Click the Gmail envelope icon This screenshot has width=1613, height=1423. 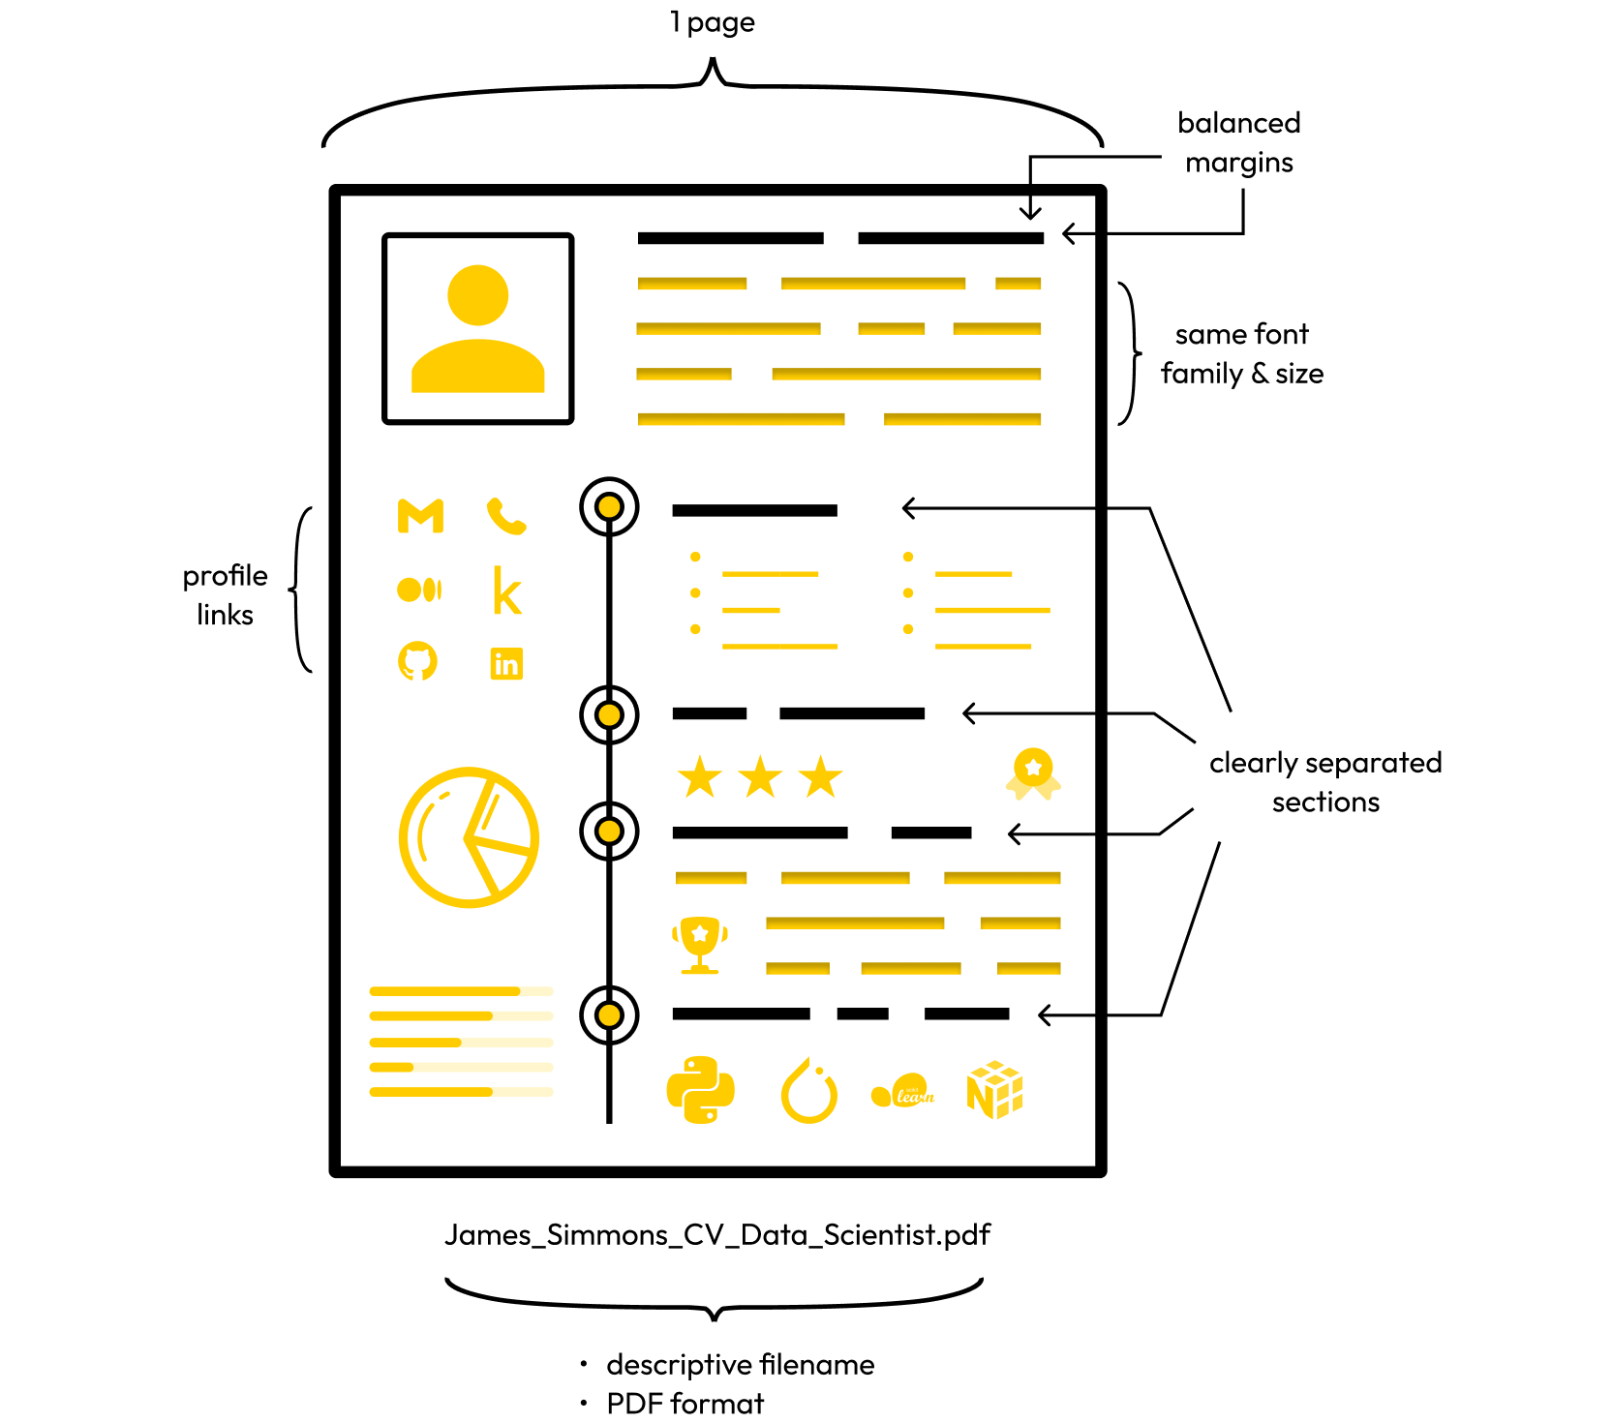point(420,516)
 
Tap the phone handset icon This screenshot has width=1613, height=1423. point(506,516)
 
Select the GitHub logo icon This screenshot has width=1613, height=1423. point(418,661)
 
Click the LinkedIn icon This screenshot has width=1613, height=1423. point(506,663)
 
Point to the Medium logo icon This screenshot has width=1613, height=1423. point(419,589)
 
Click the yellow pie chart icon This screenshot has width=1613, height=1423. point(469,837)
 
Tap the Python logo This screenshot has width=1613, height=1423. point(701,1090)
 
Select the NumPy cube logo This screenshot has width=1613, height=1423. point(995,1090)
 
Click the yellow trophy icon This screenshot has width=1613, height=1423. point(699,944)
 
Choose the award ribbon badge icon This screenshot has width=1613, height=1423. point(1033,773)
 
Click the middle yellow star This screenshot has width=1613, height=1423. point(760,776)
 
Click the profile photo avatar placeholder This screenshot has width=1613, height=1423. point(478,328)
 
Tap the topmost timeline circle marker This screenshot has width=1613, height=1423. point(609,506)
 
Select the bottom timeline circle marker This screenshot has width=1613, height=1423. point(609,1014)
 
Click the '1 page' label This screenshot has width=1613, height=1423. point(713,22)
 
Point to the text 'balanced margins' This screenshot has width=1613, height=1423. point(1239,142)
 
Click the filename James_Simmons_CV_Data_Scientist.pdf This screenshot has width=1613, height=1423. point(717,1235)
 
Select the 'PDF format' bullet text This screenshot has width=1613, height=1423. point(685,1403)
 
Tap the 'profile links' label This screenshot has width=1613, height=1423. point(226,594)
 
